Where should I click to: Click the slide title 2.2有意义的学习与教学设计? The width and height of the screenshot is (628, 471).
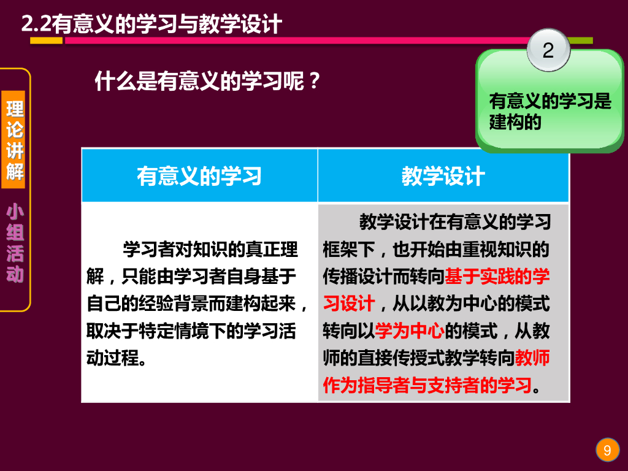tap(151, 24)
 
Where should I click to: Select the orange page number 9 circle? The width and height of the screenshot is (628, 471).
tap(607, 451)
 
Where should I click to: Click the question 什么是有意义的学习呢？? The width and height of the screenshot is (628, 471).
tap(208, 81)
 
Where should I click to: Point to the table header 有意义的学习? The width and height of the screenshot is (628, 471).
tap(199, 176)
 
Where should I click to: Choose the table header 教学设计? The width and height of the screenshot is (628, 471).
tap(443, 176)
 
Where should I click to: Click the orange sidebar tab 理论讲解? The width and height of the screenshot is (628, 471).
tap(15, 140)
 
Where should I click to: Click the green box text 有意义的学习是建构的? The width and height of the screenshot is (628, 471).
tap(549, 111)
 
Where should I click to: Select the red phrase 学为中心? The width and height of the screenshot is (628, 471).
tap(410, 332)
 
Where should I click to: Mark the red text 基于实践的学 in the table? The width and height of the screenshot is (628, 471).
tap(497, 277)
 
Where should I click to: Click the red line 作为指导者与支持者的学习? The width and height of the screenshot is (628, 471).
tap(427, 386)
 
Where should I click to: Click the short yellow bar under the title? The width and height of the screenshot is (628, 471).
tap(46, 40)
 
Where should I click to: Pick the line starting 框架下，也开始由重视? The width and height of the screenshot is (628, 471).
tap(436, 250)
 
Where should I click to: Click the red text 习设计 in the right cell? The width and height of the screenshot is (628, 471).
tap(348, 304)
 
